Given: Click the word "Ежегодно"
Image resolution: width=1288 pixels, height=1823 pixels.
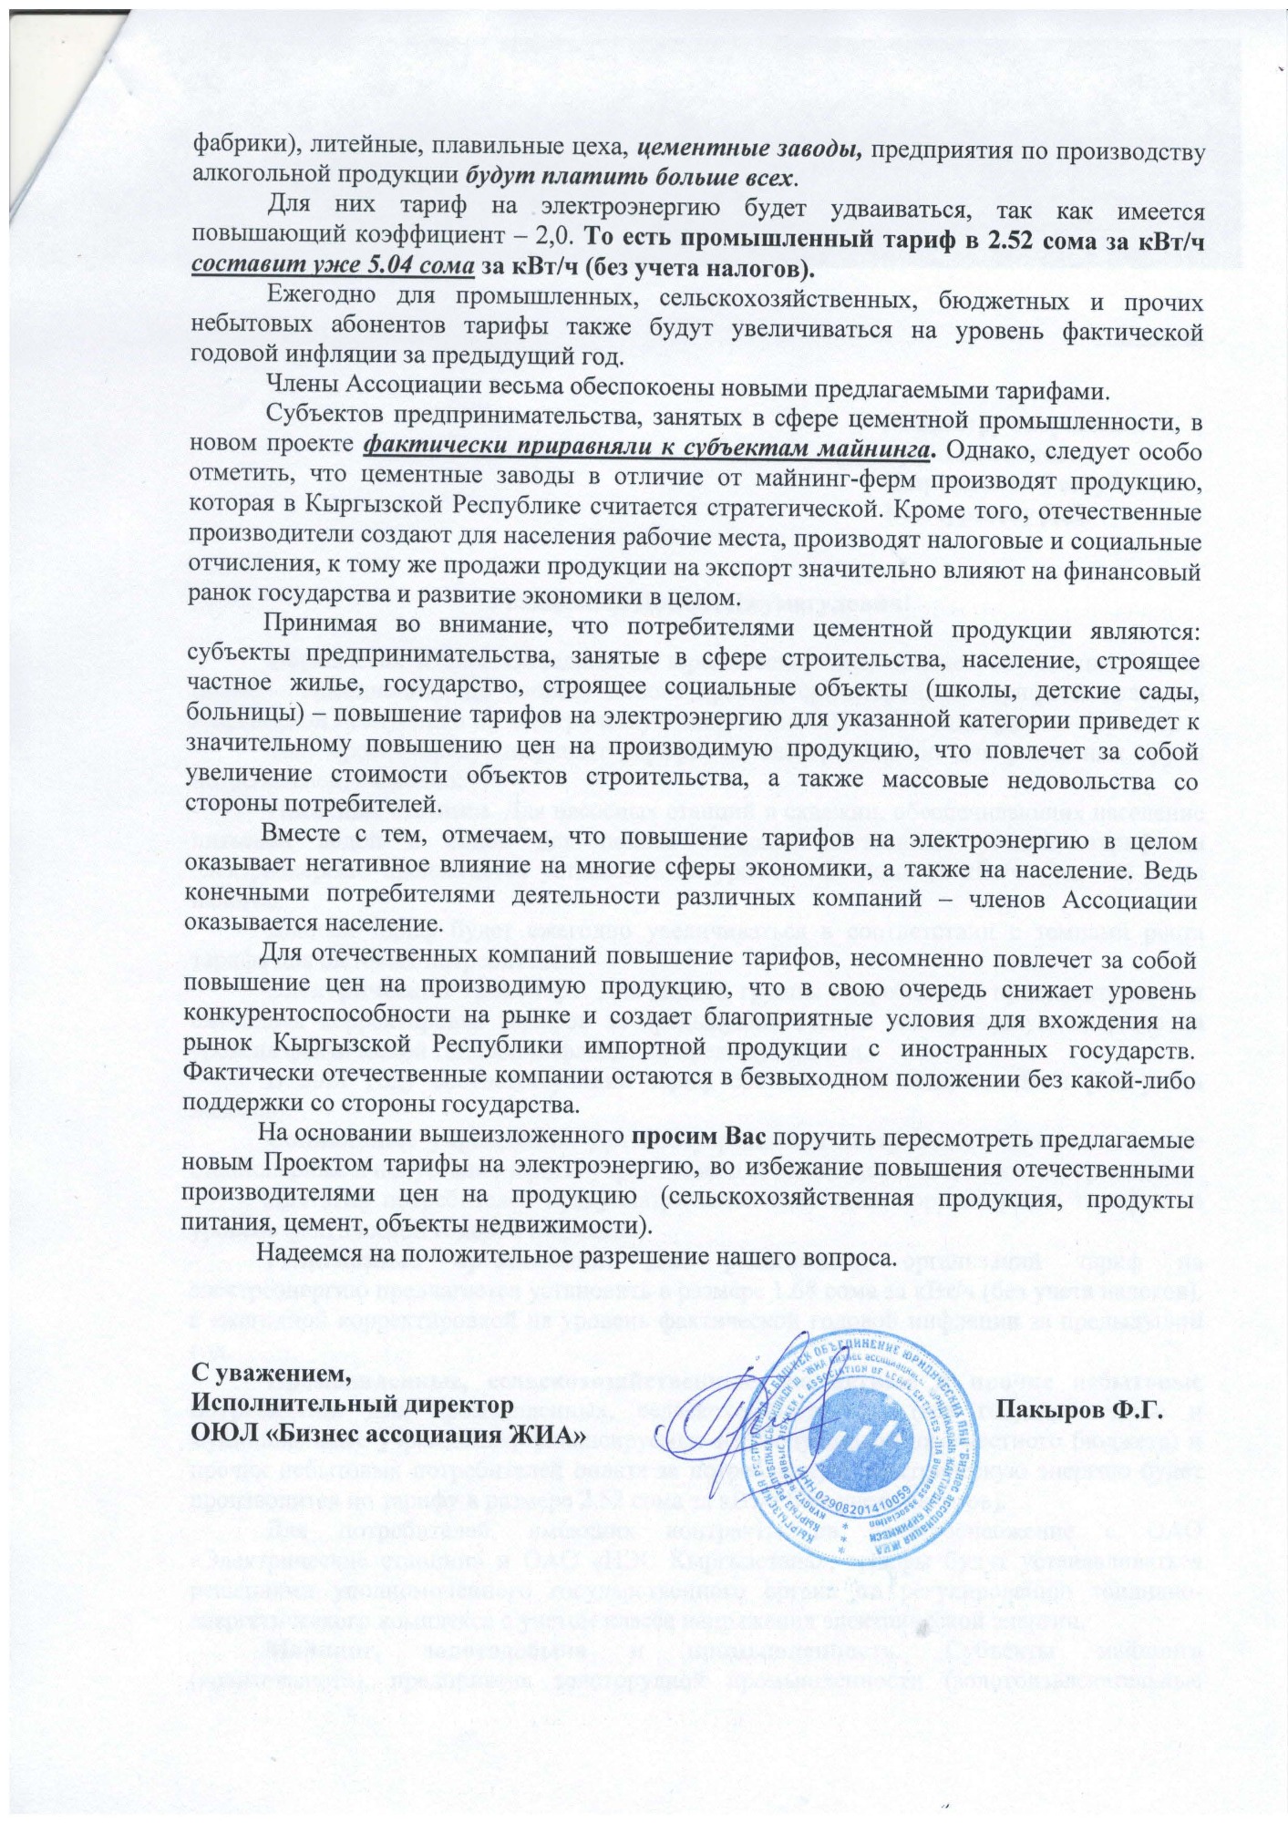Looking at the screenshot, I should click(x=320, y=301).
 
